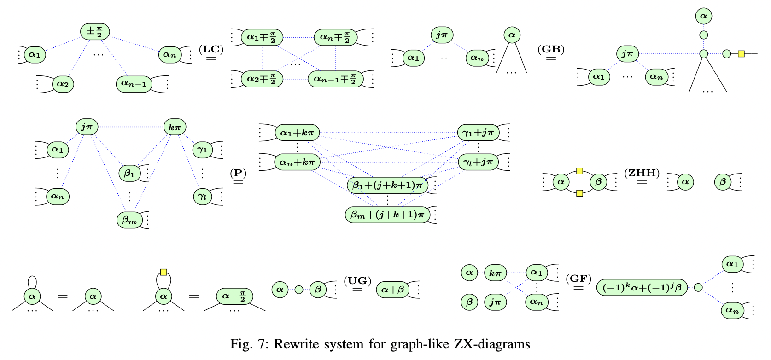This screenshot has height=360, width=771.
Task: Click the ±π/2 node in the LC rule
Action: pyautogui.click(x=95, y=31)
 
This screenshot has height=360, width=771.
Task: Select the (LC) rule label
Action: pyautogui.click(x=211, y=49)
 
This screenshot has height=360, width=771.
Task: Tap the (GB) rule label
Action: pyautogui.click(x=551, y=49)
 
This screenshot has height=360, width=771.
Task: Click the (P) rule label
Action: pyautogui.click(x=238, y=173)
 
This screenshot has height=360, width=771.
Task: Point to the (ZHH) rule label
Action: pyautogui.click(x=642, y=173)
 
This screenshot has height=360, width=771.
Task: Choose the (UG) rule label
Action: pyautogui.click(x=357, y=281)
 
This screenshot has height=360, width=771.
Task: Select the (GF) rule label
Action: pyautogui.click(x=578, y=279)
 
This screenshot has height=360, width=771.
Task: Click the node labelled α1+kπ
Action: pyautogui.click(x=298, y=133)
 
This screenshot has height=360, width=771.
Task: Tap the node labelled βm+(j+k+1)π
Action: pyautogui.click(x=387, y=215)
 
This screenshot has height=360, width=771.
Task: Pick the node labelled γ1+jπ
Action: pyautogui.click(x=478, y=133)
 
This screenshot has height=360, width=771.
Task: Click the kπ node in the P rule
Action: pyautogui.click(x=175, y=127)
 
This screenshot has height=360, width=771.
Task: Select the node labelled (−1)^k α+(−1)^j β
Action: pyautogui.click(x=642, y=288)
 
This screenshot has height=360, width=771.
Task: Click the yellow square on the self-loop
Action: pyautogui.click(x=164, y=272)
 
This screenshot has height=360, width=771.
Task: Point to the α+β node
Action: pyautogui.click(x=392, y=290)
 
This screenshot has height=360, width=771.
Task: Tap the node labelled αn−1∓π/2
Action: pyautogui.click(x=335, y=79)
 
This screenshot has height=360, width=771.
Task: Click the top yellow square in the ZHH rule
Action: pyautogui.click(x=579, y=171)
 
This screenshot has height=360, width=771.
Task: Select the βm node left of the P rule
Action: pyautogui.click(x=129, y=221)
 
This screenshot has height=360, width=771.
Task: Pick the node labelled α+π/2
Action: pyautogui.click(x=234, y=296)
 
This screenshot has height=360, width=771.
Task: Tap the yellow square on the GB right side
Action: pyautogui.click(x=741, y=54)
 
